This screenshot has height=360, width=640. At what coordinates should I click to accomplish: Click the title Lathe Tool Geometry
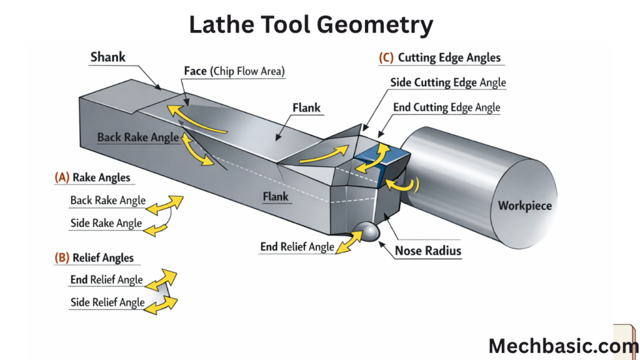click(x=311, y=24)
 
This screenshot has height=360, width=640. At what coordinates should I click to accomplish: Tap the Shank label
click(x=107, y=57)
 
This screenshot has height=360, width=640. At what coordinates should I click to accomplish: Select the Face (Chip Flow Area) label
click(x=234, y=71)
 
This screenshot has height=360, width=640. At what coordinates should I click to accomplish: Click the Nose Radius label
click(x=428, y=251)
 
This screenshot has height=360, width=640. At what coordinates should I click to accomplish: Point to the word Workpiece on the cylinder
click(x=525, y=205)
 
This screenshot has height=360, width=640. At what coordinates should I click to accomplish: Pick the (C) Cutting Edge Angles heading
click(x=440, y=57)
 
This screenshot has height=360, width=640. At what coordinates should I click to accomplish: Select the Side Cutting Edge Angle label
click(x=448, y=82)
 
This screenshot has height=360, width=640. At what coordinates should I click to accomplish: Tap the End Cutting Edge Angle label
click(x=446, y=107)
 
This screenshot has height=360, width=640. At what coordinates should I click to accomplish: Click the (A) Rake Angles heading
click(x=92, y=177)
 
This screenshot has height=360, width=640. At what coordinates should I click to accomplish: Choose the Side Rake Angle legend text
click(x=106, y=223)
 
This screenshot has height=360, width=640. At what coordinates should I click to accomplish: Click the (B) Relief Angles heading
click(x=94, y=257)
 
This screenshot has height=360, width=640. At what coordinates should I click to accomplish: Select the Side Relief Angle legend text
click(x=107, y=302)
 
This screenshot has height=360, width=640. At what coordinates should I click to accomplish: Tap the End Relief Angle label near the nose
click(x=297, y=247)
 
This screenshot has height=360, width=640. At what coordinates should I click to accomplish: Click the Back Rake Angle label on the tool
click(x=138, y=137)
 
